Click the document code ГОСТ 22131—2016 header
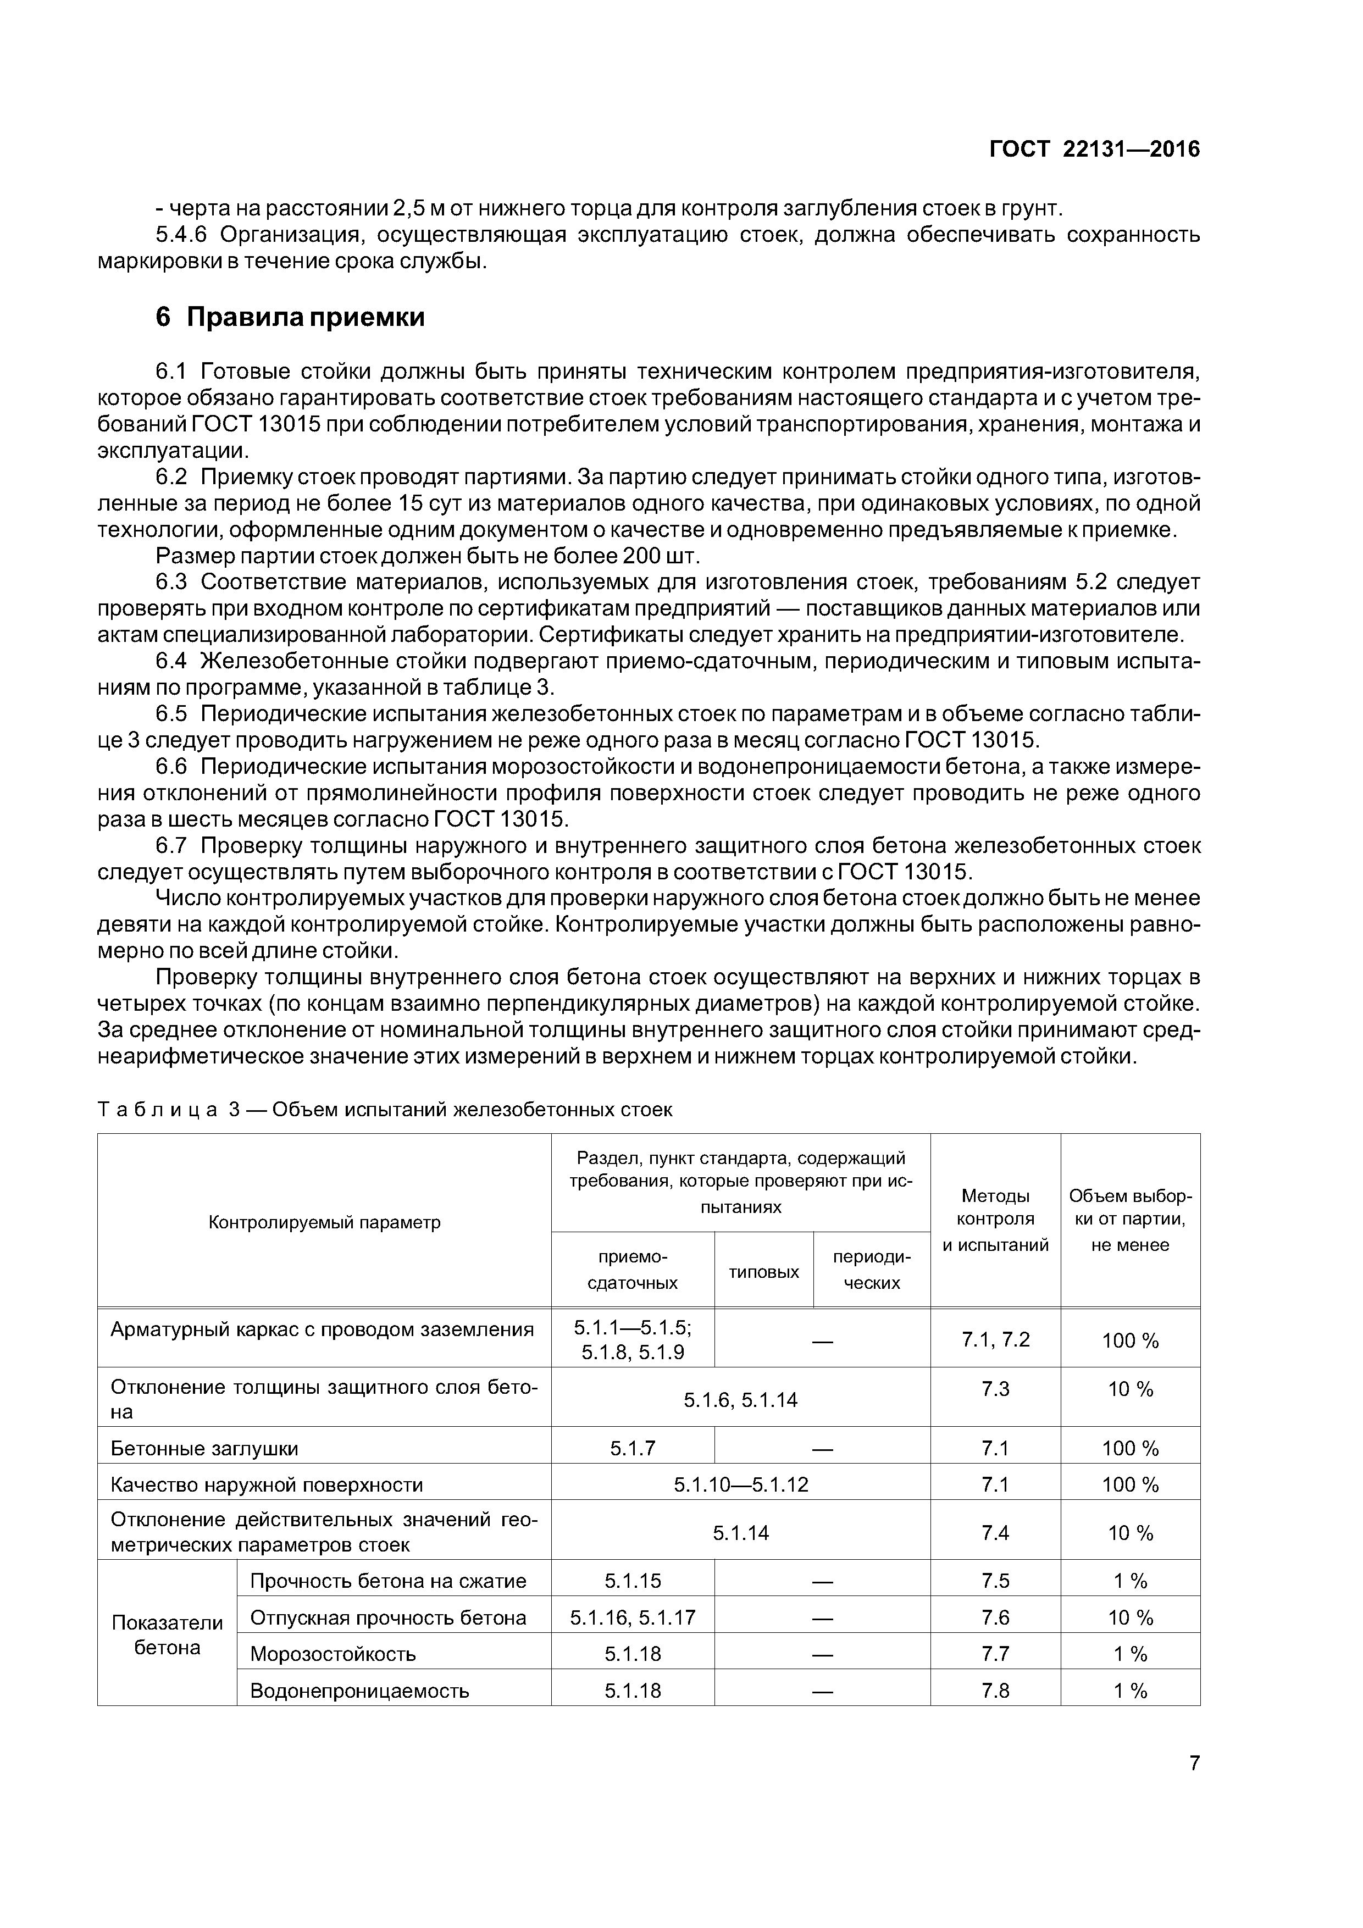pyautogui.click(x=1094, y=149)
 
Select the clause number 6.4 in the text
pyautogui.click(x=175, y=662)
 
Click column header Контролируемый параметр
pyautogui.click(x=324, y=1222)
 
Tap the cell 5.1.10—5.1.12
pyautogui.click(x=741, y=1484)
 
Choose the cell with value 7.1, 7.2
pyautogui.click(x=995, y=1339)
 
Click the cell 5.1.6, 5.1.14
pyautogui.click(x=741, y=1400)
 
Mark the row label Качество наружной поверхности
pyautogui.click(x=267, y=1484)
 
